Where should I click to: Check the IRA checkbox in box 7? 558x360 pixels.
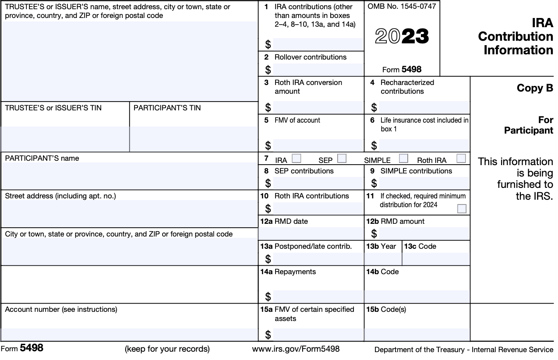pos(297,159)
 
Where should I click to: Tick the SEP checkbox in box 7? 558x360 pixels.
pos(342,159)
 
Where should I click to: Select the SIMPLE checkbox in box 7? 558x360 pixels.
pos(403,159)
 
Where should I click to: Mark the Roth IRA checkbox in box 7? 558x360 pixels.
pos(461,159)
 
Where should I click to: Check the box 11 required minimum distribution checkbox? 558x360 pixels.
pos(462,209)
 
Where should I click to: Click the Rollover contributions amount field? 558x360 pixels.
pos(318,70)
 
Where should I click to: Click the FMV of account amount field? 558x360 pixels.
pos(318,145)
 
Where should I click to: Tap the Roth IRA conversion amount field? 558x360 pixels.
pos(318,108)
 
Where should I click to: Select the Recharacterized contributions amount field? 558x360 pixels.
pos(424,108)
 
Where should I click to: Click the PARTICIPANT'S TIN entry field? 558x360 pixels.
pos(194,139)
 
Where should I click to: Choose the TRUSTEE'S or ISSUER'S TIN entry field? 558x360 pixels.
pos(65,139)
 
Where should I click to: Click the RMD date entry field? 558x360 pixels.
pos(311,233)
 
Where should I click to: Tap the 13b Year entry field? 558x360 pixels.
pos(383,259)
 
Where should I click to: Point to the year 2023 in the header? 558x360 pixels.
pos(402,37)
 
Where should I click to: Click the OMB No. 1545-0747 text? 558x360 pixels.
pos(402,7)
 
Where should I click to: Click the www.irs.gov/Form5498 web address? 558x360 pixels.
pos(296,349)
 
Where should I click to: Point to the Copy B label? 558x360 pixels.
pos(535,88)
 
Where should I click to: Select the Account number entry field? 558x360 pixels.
pos(129,335)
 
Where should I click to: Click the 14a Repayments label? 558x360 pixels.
pos(288,272)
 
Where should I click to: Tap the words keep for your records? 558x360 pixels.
pos(167,349)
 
